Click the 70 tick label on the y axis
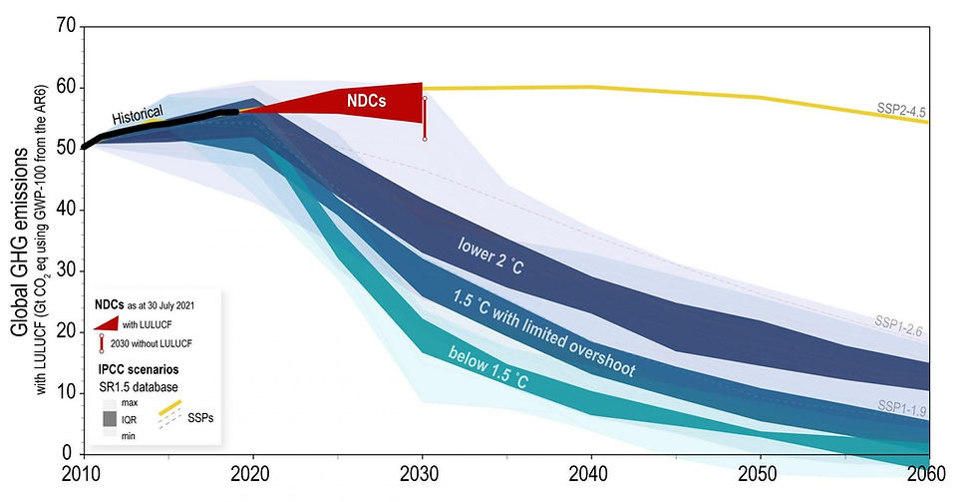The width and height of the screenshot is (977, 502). click(67, 26)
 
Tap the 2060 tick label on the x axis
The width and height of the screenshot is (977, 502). click(926, 474)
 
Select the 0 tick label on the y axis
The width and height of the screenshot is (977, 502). click(68, 453)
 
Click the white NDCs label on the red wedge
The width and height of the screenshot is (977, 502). click(367, 100)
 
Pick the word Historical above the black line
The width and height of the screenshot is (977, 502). click(138, 115)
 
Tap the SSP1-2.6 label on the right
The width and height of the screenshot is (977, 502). click(898, 326)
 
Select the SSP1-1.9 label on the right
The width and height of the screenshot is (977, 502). click(901, 408)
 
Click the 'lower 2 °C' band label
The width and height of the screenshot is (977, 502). click(490, 255)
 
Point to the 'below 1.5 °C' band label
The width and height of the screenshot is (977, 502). click(488, 368)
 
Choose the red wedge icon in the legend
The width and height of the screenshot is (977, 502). click(106, 322)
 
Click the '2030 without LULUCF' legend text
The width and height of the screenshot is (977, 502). click(152, 343)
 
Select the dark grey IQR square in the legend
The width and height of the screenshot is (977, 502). click(111, 419)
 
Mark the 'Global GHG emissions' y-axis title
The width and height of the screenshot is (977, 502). click(20, 242)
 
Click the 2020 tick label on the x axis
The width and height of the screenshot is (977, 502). click(249, 474)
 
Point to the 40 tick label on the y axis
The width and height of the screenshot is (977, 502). click(67, 209)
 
